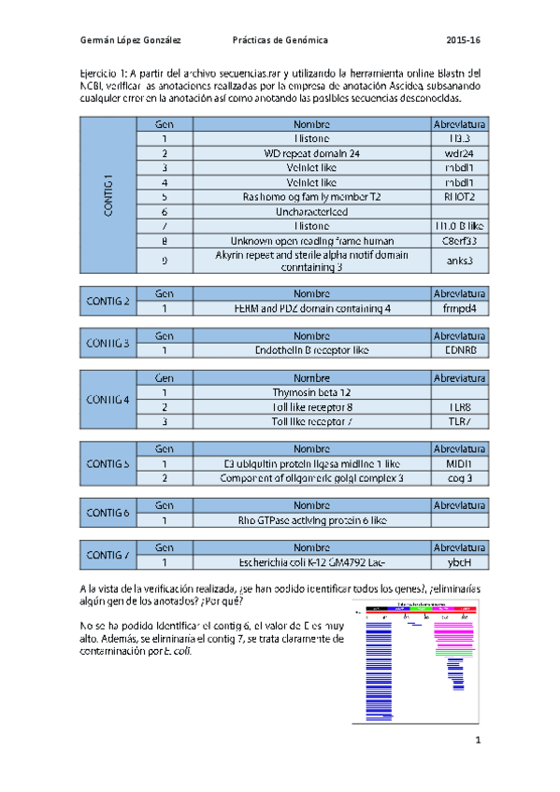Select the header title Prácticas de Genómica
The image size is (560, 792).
280,41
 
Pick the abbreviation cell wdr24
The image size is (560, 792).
459,153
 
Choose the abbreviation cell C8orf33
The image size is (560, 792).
459,241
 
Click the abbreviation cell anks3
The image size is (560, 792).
459,261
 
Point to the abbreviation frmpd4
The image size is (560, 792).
459,308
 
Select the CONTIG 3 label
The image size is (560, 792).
108,343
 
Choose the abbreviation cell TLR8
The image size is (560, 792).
459,407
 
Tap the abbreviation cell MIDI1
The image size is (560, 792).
459,463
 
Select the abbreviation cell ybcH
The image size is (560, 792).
459,562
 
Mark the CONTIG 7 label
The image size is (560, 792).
108,555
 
